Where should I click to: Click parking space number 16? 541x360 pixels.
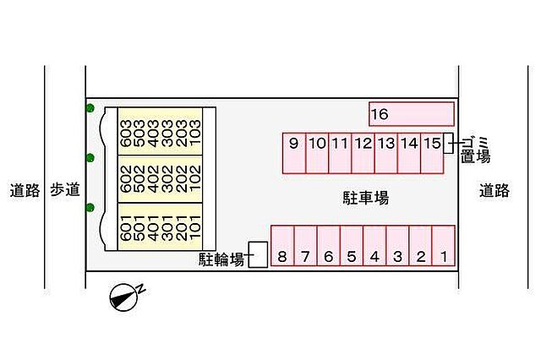[x=412, y=114]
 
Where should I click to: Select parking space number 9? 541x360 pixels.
[x=294, y=153]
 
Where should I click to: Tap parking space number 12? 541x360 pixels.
[x=363, y=153]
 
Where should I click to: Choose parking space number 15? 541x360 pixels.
[x=432, y=153]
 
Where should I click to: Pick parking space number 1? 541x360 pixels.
[x=443, y=246]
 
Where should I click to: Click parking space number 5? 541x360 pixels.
[x=352, y=246]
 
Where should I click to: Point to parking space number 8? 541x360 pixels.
[x=282, y=246]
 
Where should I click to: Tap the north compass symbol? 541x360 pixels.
[x=127, y=297]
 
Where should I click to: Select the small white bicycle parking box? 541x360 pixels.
[x=258, y=254]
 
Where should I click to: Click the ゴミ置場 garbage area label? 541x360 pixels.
[x=475, y=150]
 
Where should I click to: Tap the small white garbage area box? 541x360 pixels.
[x=448, y=143]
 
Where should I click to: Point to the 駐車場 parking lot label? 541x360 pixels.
[x=365, y=198]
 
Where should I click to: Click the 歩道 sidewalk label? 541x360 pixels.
[x=65, y=190]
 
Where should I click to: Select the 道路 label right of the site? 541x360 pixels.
[x=494, y=190]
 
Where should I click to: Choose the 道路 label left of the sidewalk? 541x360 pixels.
[x=25, y=190]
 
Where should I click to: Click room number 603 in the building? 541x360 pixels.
[x=126, y=134]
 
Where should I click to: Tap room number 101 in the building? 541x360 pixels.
[x=195, y=227]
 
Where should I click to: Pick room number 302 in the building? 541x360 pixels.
[x=167, y=179]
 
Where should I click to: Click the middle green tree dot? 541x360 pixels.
[x=90, y=158]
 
